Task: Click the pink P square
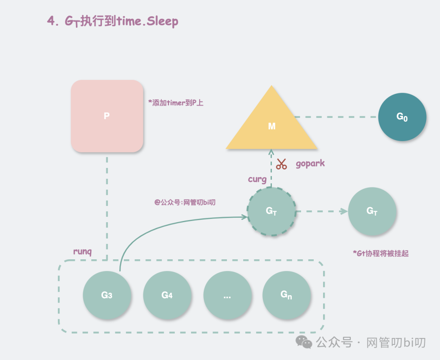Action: [x=107, y=116]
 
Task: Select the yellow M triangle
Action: [x=272, y=124]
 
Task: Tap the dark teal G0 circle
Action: [x=402, y=117]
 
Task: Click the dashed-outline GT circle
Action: [x=271, y=211]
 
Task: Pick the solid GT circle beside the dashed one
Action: [x=372, y=211]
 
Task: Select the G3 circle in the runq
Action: [x=107, y=295]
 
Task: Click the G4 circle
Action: [x=167, y=295]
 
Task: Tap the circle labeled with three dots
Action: [x=227, y=295]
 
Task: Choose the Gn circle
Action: [x=286, y=295]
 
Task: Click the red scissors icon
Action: [x=281, y=164]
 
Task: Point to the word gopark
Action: [x=310, y=163]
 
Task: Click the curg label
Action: [x=257, y=179]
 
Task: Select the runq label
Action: [x=82, y=251]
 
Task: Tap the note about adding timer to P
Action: [x=176, y=103]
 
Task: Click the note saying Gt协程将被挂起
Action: [x=381, y=253]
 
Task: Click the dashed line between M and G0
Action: [x=336, y=117]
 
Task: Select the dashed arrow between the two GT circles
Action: [x=321, y=211]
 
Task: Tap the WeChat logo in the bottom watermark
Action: [x=304, y=342]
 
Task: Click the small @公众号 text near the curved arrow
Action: [x=185, y=202]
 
